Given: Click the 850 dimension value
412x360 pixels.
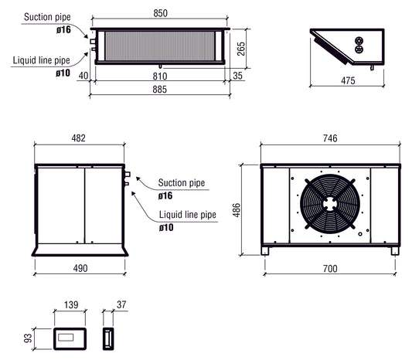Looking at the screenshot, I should click(160, 13).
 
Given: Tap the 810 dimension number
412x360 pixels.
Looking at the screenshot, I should click(160, 76).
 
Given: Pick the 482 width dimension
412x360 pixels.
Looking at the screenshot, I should click(78, 139).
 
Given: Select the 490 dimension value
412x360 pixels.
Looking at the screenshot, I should click(79, 268).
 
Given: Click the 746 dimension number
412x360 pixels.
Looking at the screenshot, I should click(331, 139).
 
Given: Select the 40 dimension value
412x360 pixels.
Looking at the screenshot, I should click(83, 76).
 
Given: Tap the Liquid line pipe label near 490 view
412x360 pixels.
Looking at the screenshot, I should click(187, 216).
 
